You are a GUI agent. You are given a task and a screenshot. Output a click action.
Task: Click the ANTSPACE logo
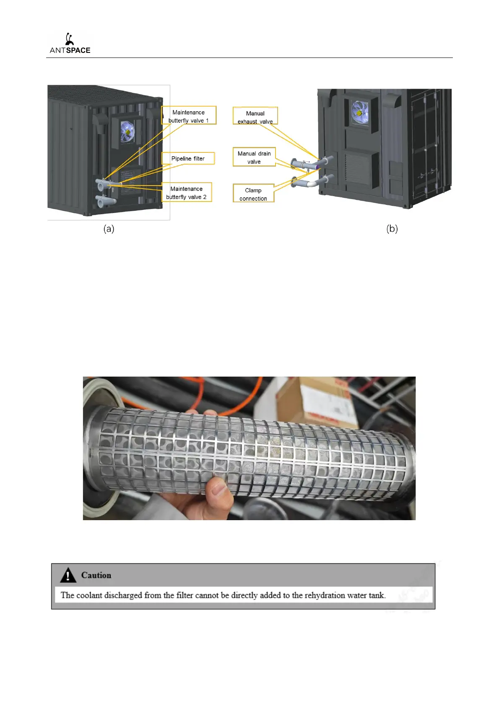[x=70, y=44]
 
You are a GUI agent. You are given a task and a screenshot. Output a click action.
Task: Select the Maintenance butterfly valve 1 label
[x=189, y=116]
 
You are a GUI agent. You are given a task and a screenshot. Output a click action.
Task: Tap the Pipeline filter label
[x=188, y=158]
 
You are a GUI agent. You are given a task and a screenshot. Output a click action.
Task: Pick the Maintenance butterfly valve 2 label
[x=187, y=193]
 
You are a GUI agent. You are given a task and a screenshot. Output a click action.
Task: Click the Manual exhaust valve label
[x=255, y=117]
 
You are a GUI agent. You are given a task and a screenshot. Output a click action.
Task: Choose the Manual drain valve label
[x=254, y=157]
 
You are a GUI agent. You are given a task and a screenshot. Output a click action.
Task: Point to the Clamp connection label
[x=253, y=194]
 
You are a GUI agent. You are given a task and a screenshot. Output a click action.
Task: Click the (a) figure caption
[x=109, y=228]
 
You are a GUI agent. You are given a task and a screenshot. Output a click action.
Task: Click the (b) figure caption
[x=392, y=228]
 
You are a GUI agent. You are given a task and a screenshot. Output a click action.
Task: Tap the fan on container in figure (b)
[x=359, y=112]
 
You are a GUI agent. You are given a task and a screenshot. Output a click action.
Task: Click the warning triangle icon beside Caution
[x=68, y=575]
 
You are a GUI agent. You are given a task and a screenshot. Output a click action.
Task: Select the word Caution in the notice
[x=96, y=575]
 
